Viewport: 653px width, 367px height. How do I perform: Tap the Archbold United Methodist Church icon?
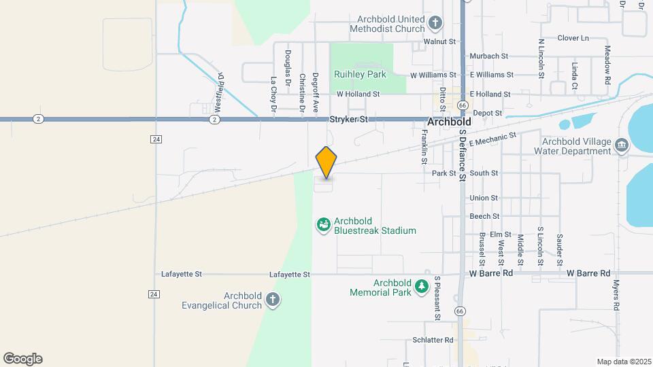click(436, 24)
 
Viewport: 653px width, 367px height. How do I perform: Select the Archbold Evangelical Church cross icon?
click(272, 300)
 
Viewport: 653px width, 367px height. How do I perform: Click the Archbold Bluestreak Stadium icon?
click(324, 224)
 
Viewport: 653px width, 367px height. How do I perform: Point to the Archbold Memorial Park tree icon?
click(422, 287)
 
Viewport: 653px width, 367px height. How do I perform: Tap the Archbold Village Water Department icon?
click(621, 145)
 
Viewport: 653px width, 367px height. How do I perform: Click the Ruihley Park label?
click(360, 73)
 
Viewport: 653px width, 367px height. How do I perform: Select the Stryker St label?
click(348, 119)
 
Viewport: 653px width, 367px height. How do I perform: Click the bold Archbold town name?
click(449, 122)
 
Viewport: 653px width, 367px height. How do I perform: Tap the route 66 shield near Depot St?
click(463, 105)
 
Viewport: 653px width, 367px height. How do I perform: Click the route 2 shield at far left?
click(38, 119)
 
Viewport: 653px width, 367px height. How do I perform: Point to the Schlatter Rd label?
click(433, 339)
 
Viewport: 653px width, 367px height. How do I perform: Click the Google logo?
click(22, 358)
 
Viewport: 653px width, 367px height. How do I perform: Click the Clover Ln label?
click(573, 38)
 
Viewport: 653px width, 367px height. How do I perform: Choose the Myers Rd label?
click(616, 295)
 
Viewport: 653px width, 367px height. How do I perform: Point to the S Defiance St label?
click(462, 156)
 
